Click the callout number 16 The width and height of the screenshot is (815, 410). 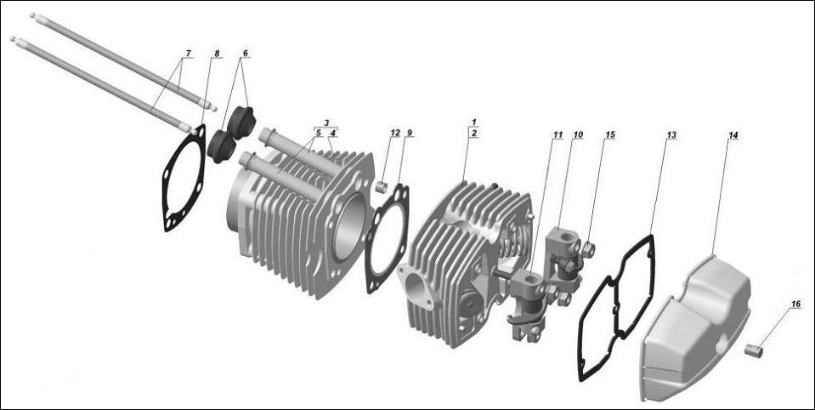point(795,303)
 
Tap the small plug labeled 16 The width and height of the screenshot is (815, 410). point(752,349)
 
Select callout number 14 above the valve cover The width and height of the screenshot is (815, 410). point(733,134)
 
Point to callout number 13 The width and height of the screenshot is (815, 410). point(671,134)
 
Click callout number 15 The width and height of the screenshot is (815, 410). point(610,134)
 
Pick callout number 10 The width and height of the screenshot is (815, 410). point(578,134)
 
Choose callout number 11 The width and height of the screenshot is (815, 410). point(557,134)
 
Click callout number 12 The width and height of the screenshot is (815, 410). point(395,134)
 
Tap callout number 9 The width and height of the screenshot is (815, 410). point(410,134)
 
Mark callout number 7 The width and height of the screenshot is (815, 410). point(187,54)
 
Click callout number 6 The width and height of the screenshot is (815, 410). point(246,54)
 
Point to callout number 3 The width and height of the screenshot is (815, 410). point(325,123)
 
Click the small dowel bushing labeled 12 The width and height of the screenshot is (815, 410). point(382,186)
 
